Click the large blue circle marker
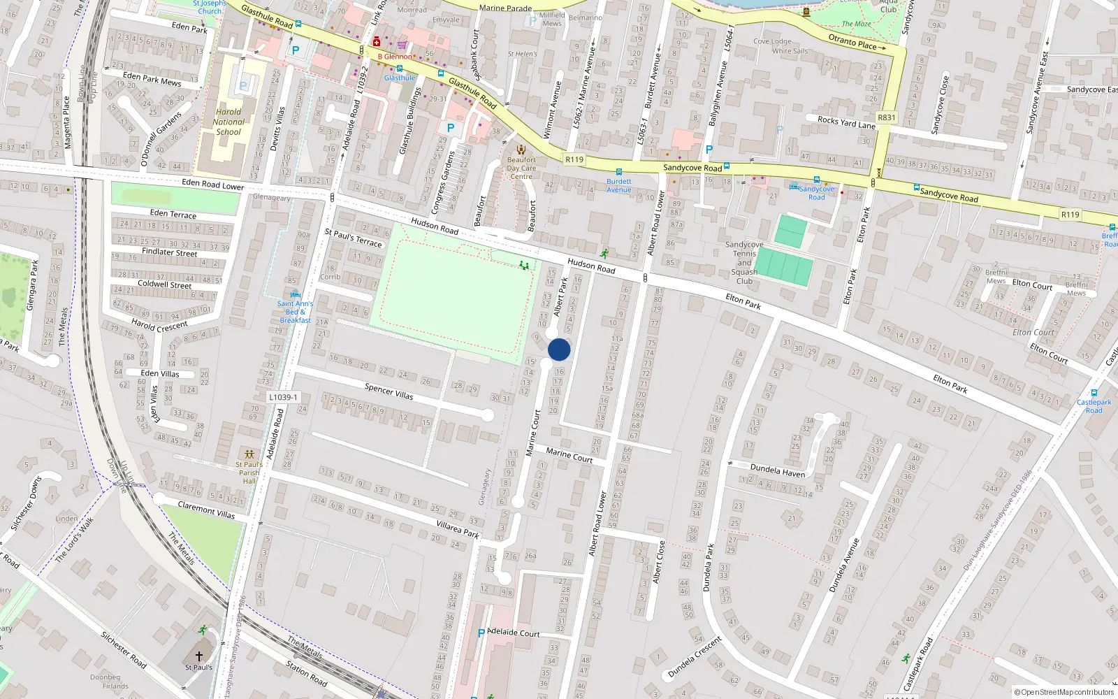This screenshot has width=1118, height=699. point(559,349)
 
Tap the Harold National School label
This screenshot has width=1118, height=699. point(228,122)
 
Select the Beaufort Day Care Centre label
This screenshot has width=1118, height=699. point(521,168)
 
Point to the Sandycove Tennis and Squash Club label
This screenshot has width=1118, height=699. point(744,263)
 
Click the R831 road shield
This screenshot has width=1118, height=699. point(886,117)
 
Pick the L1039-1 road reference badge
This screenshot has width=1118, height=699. point(283,397)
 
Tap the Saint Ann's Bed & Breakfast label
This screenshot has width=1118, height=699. point(295,312)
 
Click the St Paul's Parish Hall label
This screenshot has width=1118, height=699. point(249,473)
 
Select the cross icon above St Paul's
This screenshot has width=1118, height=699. point(199,656)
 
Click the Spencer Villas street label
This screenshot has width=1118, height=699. point(389,391)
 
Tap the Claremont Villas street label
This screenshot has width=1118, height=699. point(206,510)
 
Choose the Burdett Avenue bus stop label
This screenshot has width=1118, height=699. point(618,185)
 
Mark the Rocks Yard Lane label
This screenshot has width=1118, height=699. point(846,122)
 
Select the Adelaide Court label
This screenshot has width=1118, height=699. point(514,633)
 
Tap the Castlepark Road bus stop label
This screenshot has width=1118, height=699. point(1094,406)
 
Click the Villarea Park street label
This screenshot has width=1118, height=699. point(458,529)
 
